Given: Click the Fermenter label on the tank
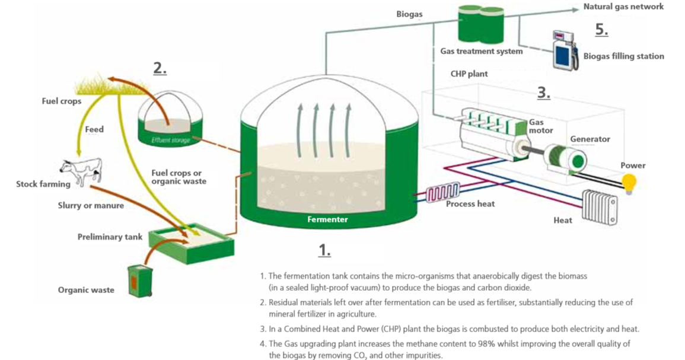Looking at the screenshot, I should tap(327, 219).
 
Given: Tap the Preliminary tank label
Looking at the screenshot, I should tap(110, 237).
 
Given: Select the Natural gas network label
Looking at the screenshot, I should tap(623, 7).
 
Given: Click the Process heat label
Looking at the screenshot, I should tap(470, 204).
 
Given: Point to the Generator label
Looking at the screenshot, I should tap(590, 139).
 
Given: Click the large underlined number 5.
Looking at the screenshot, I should tap(601, 30).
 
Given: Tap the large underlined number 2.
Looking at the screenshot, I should tap(160, 68).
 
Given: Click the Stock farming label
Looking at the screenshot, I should tap(43, 184).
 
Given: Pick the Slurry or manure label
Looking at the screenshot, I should tap(91, 205).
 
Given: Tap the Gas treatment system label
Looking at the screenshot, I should tap(481, 52).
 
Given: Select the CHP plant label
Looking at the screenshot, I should tap(469, 74).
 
